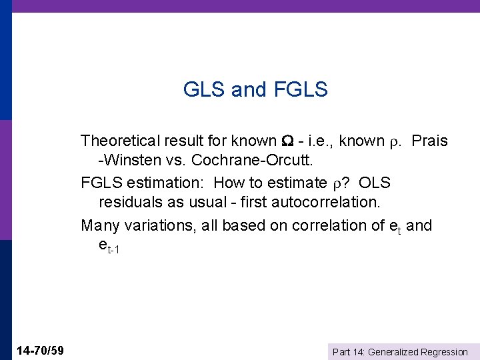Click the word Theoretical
pos(122,141)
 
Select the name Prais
pos(429,141)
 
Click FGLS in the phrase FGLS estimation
pos(100,183)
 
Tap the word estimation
pos(163,183)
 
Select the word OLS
pos(375,183)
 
